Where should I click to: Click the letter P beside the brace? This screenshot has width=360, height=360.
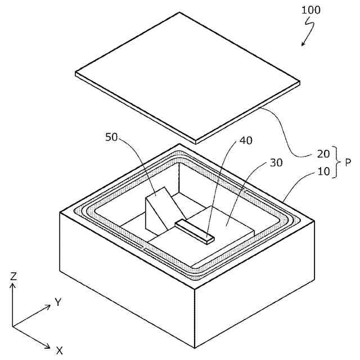tap(348, 163)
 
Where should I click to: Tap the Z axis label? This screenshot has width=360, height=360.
tap(13, 276)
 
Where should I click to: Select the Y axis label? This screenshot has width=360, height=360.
tap(57, 303)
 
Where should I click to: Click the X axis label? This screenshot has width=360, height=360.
tap(59, 350)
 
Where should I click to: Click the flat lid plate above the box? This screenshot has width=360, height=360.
tap(186, 73)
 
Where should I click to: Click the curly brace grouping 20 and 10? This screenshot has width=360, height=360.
tap(336, 163)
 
